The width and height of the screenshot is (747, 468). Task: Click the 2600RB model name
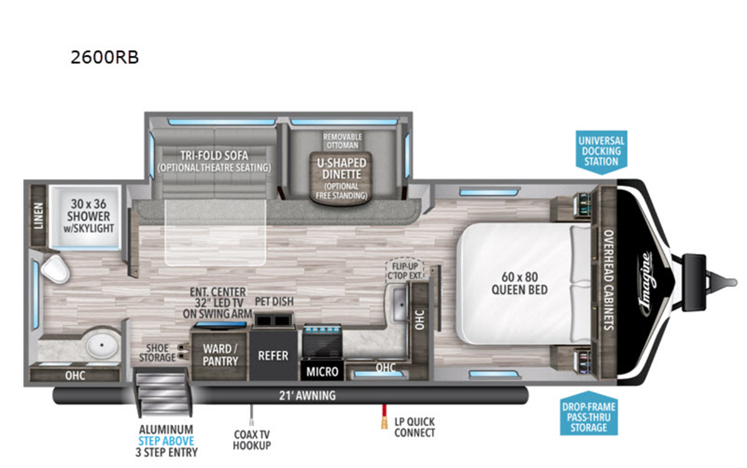pyautogui.click(x=105, y=57)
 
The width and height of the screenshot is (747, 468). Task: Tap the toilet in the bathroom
pyautogui.click(x=55, y=269)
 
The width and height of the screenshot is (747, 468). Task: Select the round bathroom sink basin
pyautogui.click(x=102, y=345)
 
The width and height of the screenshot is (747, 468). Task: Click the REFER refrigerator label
pyautogui.click(x=273, y=355)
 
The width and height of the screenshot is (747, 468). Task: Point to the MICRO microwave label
pyautogui.click(x=322, y=372)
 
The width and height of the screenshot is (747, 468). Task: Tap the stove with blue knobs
pyautogui.click(x=322, y=340)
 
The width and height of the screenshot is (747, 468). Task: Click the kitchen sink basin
pyautogui.click(x=399, y=304)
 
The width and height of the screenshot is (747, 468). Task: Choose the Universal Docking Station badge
pyautogui.click(x=601, y=152)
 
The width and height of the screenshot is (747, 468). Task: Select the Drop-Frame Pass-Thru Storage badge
pyautogui.click(x=589, y=413)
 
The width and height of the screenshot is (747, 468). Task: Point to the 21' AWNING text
pyautogui.click(x=307, y=396)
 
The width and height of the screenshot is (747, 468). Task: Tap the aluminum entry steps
pyautogui.click(x=162, y=391)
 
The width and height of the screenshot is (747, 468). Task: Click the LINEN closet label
pyautogui.click(x=39, y=216)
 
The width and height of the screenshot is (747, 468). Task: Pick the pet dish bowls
pyautogui.click(x=273, y=321)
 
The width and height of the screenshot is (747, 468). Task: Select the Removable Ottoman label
pyautogui.click(x=342, y=141)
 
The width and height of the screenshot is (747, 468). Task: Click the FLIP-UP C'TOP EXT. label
pyautogui.click(x=405, y=271)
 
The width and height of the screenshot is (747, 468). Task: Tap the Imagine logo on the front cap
pyautogui.click(x=646, y=284)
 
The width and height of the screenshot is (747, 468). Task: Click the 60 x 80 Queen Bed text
pyautogui.click(x=520, y=283)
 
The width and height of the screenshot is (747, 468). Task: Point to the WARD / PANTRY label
pyautogui.click(x=220, y=355)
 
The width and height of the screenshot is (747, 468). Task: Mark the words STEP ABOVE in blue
pyautogui.click(x=166, y=441)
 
